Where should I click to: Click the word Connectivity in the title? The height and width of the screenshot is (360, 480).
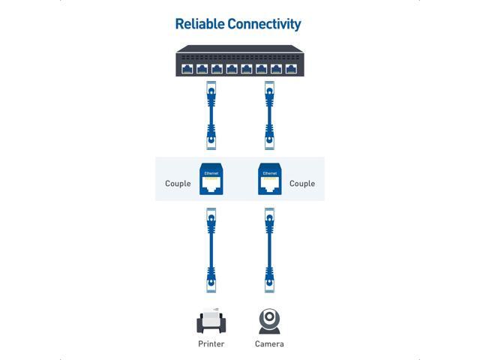coord(263,24)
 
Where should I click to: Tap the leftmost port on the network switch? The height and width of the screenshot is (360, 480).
coord(187,69)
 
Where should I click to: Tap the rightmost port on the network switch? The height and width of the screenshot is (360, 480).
coord(291,69)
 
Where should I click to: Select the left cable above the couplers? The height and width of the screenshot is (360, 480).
coord(211,117)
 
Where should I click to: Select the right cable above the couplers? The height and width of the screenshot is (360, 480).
coord(268,117)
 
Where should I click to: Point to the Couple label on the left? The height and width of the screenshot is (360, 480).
coord(178,184)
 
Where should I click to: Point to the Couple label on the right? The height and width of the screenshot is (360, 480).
coord(302,184)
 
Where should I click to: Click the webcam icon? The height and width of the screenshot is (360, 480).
coord(269,321)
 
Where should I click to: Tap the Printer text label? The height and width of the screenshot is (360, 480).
coord(211,344)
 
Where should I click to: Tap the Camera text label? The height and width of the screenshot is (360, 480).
coord(269,344)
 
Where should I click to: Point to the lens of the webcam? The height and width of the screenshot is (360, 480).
coord(269,317)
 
